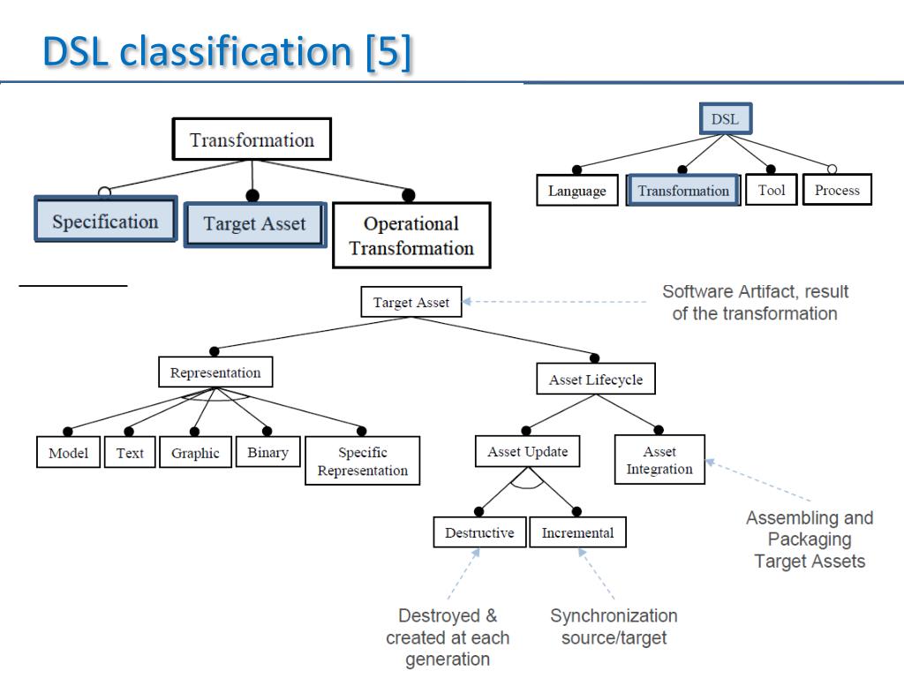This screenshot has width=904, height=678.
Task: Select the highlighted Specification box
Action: [x=106, y=219]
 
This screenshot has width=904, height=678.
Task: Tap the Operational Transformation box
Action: [x=411, y=235]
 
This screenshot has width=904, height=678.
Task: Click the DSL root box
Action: [x=726, y=119]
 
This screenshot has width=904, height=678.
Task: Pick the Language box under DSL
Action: [x=577, y=191]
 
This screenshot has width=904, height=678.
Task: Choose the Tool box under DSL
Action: [x=772, y=190]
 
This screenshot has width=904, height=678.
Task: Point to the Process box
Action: [x=837, y=190]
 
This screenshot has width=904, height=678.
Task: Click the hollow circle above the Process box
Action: [x=832, y=169]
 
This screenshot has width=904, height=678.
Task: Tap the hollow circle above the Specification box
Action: [x=104, y=192]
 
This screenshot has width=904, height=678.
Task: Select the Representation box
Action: [x=215, y=373]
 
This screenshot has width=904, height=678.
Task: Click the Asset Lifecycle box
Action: [x=596, y=379]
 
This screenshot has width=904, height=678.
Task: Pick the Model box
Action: [x=68, y=453]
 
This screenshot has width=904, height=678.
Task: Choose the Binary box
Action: [x=267, y=452]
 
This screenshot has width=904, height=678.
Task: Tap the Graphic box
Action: [x=195, y=453]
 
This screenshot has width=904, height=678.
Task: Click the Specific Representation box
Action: [x=362, y=461]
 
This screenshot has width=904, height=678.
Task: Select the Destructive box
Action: [x=479, y=532]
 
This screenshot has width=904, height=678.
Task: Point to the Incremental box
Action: [x=577, y=532]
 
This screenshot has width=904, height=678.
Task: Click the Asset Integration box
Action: [x=659, y=459]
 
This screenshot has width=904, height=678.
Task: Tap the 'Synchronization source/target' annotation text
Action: [x=614, y=626]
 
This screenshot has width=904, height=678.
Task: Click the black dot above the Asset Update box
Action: [x=526, y=431]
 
